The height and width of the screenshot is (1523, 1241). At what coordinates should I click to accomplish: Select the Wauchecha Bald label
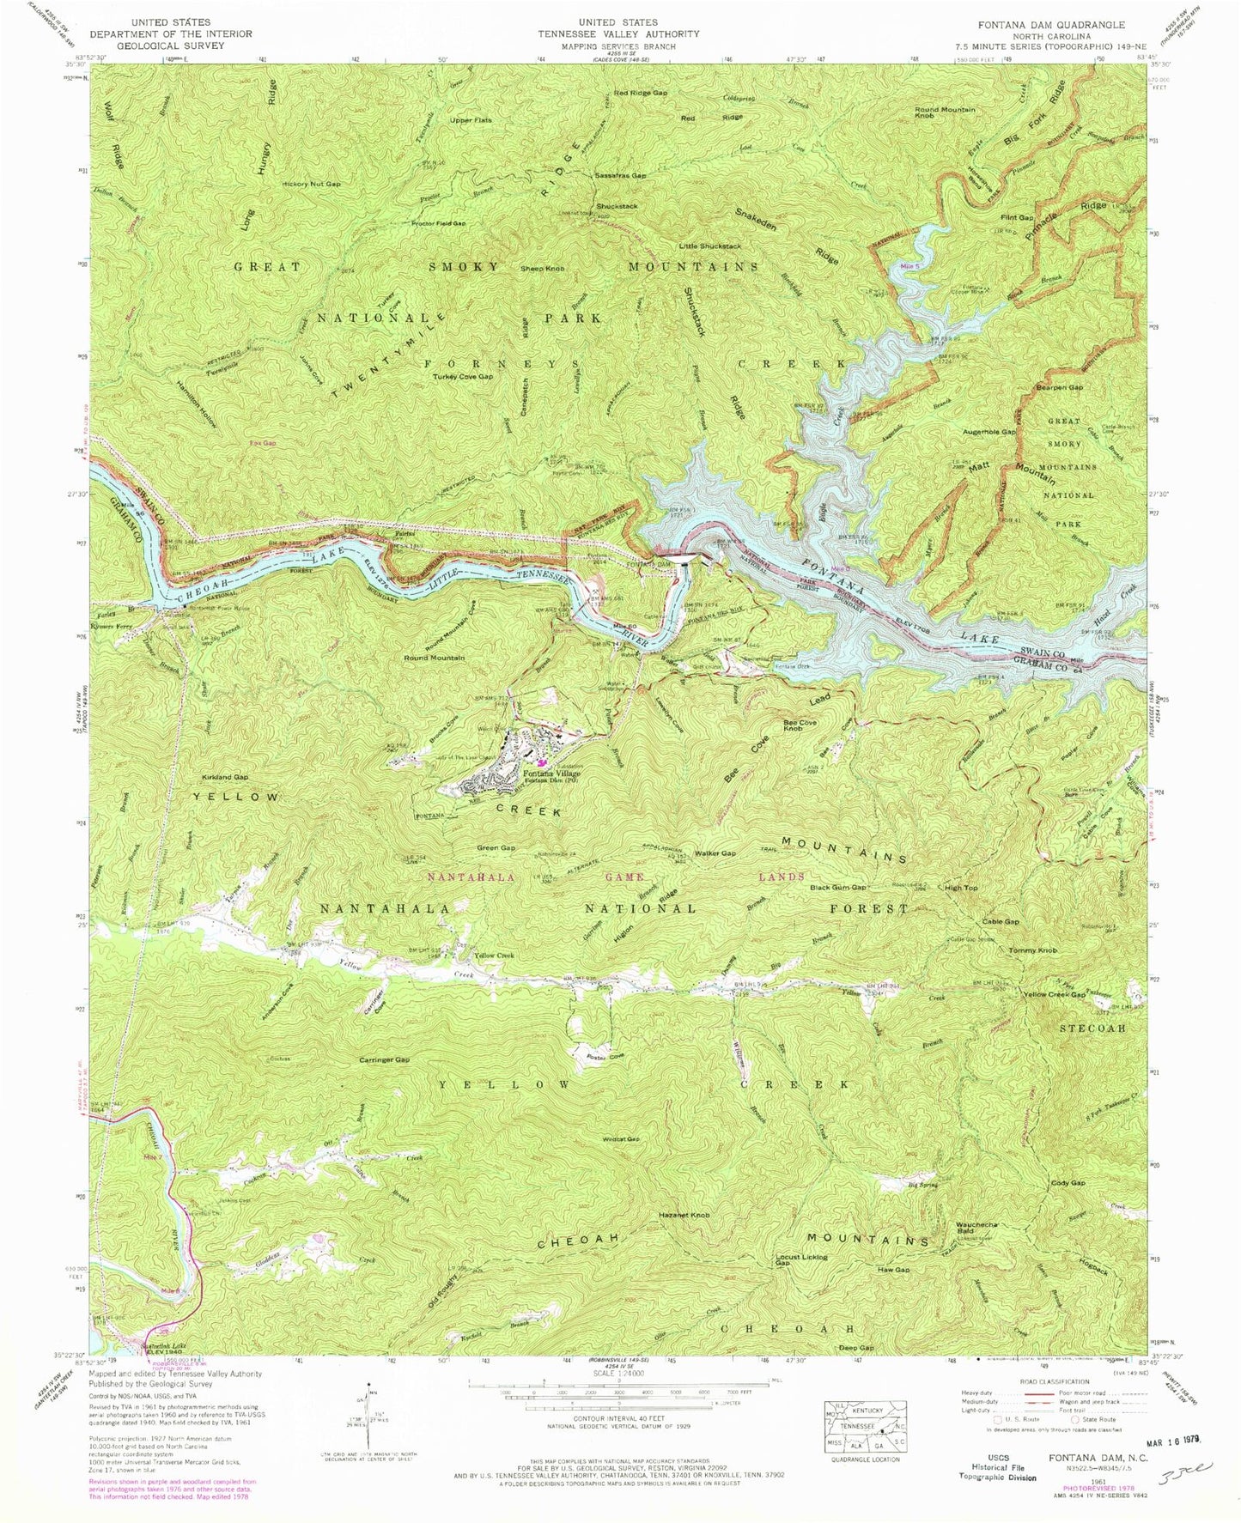[x=977, y=1228]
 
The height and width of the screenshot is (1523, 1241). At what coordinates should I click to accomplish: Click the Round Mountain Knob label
[x=945, y=112]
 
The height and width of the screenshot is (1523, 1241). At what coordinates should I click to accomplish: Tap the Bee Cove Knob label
[x=800, y=725]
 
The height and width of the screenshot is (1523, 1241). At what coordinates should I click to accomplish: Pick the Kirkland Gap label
[x=225, y=776]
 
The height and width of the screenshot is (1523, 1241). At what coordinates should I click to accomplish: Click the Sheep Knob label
[x=542, y=269]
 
